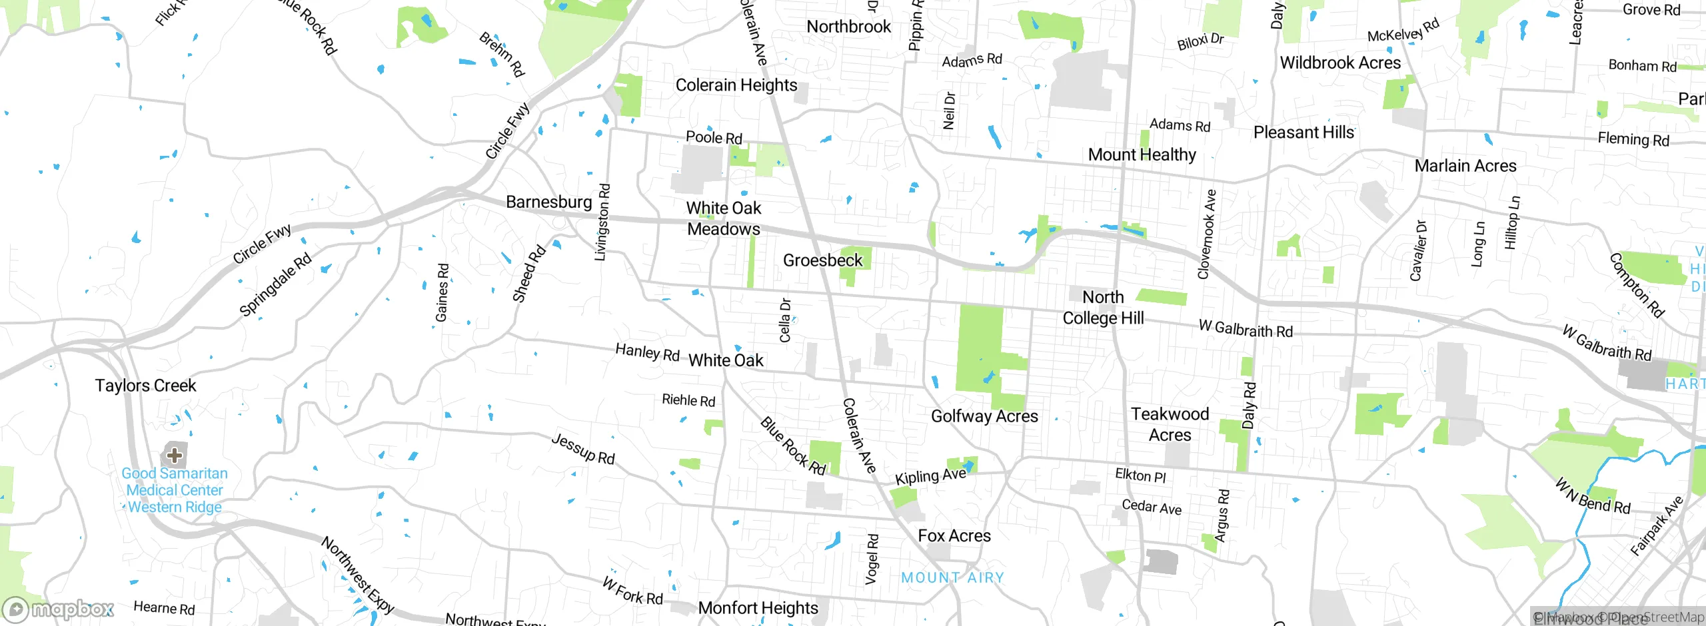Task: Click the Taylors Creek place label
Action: pyautogui.click(x=145, y=386)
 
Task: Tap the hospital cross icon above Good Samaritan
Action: pyautogui.click(x=175, y=456)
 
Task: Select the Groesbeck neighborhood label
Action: pyautogui.click(x=822, y=260)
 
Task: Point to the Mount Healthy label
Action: pyautogui.click(x=1142, y=155)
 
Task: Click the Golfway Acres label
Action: pyautogui.click(x=984, y=416)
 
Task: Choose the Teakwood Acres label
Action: pyautogui.click(x=1170, y=424)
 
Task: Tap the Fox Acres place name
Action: pyautogui.click(x=954, y=536)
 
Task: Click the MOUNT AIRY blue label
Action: pyautogui.click(x=952, y=577)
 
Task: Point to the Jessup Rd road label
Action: pyautogui.click(x=583, y=449)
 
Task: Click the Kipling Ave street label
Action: pyautogui.click(x=930, y=476)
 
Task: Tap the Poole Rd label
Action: pyautogui.click(x=714, y=137)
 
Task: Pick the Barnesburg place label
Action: pyautogui.click(x=548, y=202)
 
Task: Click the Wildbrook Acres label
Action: pyautogui.click(x=1340, y=63)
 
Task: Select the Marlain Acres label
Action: pyautogui.click(x=1465, y=166)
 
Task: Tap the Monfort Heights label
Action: pyautogui.click(x=758, y=608)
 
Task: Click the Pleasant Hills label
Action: pyautogui.click(x=1303, y=133)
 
